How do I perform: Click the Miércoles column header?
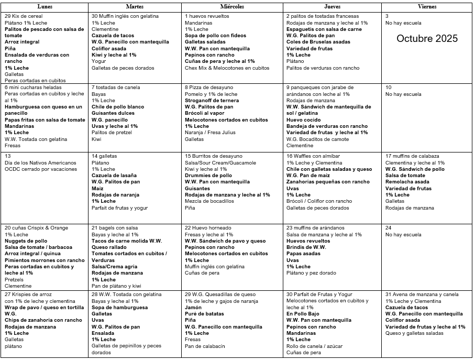[x=231, y=7]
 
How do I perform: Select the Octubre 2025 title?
[x=427, y=39]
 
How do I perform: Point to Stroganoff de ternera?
[x=212, y=101]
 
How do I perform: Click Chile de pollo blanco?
[x=118, y=107]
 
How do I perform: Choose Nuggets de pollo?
[x=26, y=241]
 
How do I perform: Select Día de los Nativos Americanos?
[x=40, y=163]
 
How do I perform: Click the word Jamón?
[x=193, y=308]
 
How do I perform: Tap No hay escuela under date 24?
[x=403, y=234]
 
